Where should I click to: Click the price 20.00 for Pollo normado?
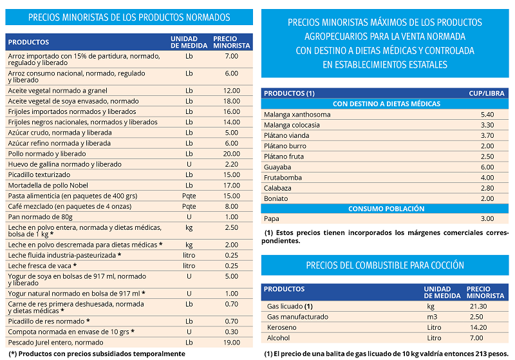pos(232,154)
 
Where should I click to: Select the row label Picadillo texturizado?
pos(39,175)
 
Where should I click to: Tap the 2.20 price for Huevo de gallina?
pos(232,164)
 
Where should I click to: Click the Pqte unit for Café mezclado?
pos(189,206)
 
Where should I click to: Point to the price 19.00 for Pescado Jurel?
pos(232,342)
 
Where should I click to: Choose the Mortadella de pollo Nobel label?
pos(48,185)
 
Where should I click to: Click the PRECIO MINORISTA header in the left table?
pos(232,42)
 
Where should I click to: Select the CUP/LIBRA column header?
pos(487,93)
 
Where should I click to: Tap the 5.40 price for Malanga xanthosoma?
pos(487,115)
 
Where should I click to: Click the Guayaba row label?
pos(277,167)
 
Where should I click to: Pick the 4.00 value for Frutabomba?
pos(487,178)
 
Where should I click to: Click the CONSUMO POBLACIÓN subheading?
pos(386,209)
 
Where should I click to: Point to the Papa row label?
pos(271,219)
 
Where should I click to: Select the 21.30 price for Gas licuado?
pos(478,306)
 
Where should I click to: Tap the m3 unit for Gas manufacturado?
pos(432,317)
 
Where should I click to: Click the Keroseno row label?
pos(282,327)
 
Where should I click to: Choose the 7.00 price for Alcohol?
pos(476,337)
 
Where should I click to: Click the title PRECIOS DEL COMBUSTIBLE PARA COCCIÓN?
pos(385,265)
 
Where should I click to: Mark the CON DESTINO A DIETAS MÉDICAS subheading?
pos(386,104)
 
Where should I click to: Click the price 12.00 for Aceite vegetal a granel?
pos(232,91)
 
